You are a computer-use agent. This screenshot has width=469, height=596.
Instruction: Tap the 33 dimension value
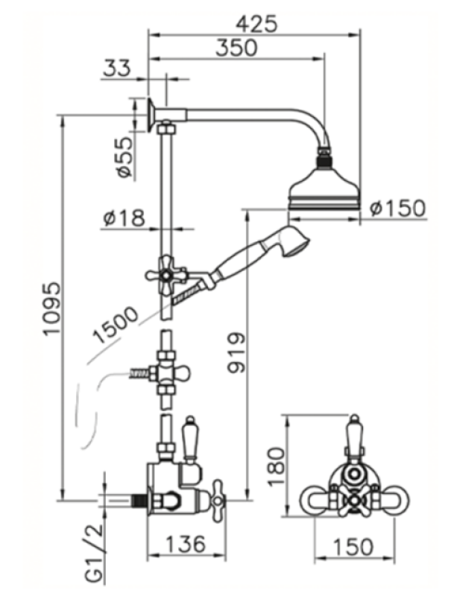coord(115,69)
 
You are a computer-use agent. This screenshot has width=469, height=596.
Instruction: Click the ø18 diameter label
coord(125,218)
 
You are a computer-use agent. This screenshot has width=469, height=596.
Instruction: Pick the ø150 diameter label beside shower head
coord(397,208)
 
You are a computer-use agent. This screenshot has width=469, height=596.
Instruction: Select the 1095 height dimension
coord(49,310)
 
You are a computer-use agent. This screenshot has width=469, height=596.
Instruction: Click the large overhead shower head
coord(324,186)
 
